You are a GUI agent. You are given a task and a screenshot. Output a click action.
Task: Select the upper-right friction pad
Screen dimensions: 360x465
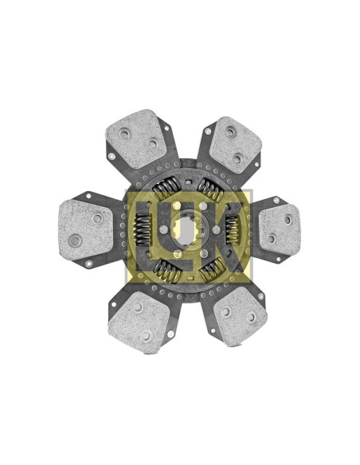point(235,144)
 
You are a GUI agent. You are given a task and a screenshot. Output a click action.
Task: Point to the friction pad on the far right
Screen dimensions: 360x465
point(280,229)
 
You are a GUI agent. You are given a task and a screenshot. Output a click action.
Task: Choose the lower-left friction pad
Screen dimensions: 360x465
point(139,322)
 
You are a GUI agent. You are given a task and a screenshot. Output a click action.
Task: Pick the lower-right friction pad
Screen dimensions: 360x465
point(241,316)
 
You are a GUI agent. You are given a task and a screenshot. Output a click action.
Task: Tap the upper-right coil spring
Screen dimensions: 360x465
point(210,190)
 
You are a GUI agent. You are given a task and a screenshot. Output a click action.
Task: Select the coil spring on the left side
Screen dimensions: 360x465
point(143,230)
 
